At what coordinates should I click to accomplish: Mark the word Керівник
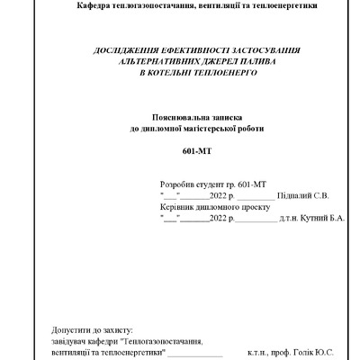tap(178, 205)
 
